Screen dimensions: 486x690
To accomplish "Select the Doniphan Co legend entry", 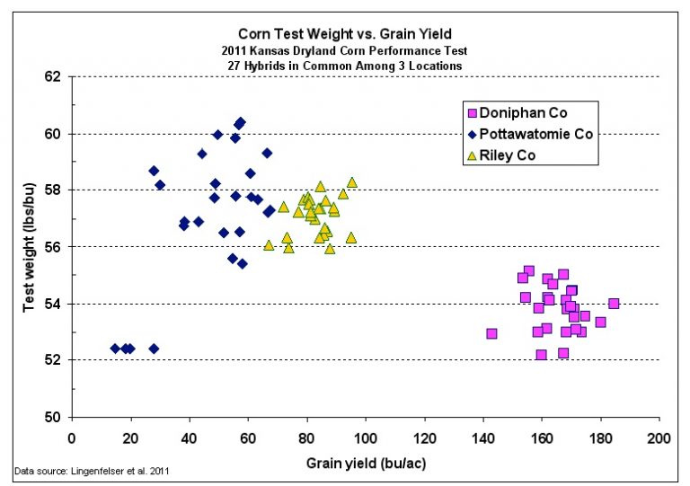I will [523, 113].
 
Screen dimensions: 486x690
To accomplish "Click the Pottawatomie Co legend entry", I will [537, 134].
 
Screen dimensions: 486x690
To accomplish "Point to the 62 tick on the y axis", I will [53, 77].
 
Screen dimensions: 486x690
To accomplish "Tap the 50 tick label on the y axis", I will [53, 417].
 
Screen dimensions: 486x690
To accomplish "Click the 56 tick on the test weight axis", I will [53, 247].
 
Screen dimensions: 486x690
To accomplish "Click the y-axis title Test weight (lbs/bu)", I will [29, 246].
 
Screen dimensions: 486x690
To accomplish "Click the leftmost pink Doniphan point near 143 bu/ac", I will [491, 333].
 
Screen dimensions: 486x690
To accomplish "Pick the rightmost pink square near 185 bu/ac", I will [614, 304].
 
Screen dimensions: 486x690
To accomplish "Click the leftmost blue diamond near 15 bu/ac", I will [115, 348].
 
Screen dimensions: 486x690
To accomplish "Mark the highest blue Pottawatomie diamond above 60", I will [240, 122].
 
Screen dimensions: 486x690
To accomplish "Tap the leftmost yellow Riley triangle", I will [269, 244].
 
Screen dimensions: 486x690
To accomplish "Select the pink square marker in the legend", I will [471, 113].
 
